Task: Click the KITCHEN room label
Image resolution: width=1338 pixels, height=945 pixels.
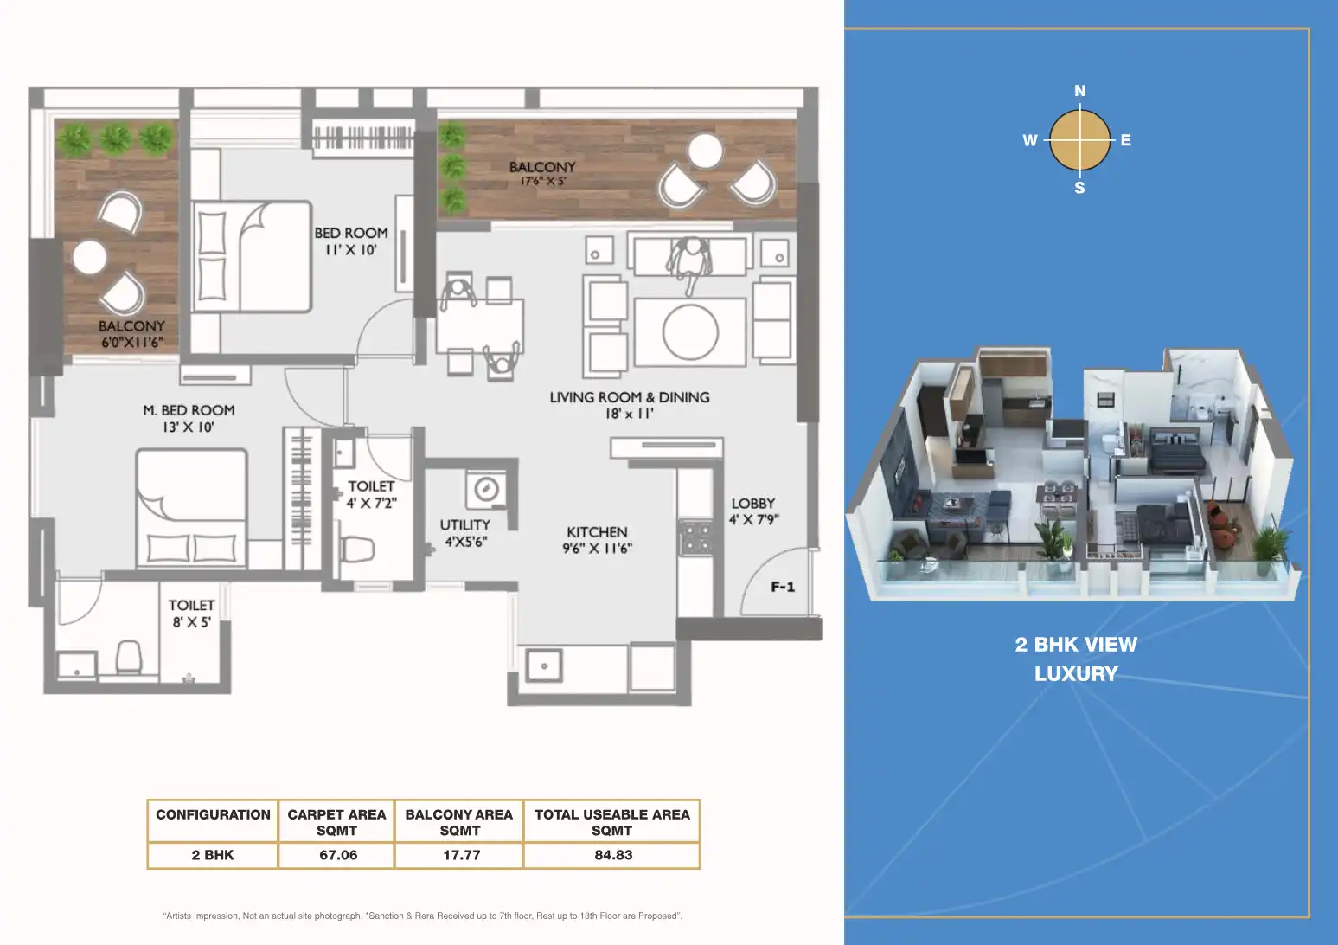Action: [597, 532]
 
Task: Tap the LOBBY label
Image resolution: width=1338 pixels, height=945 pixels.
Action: [752, 504]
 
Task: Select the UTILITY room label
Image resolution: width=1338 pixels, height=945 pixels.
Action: [464, 524]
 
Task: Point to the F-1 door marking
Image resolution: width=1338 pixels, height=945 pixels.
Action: [783, 587]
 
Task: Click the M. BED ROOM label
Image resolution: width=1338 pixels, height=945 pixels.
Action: [189, 411]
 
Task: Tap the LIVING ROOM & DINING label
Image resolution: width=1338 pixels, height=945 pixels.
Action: [630, 397]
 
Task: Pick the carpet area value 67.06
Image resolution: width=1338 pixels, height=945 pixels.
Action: [338, 855]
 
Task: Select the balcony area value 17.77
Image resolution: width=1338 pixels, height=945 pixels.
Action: [461, 855]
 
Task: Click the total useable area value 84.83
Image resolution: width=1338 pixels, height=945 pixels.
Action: [613, 855]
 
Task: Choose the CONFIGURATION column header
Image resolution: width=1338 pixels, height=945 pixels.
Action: [213, 814]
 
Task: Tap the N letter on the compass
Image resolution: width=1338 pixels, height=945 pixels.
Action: [1080, 91]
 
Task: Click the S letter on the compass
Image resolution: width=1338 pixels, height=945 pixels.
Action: [1079, 188]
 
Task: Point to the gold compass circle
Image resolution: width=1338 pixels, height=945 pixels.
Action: [1080, 140]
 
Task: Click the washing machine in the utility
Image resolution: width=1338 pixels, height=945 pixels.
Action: [486, 490]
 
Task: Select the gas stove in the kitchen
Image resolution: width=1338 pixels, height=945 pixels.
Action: [696, 537]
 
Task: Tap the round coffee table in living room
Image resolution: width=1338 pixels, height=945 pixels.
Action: [690, 332]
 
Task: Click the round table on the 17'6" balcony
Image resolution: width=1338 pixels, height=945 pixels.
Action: [706, 151]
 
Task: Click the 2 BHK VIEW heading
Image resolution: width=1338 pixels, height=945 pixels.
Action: [1076, 645]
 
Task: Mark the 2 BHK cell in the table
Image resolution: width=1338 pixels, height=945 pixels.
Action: [213, 855]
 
